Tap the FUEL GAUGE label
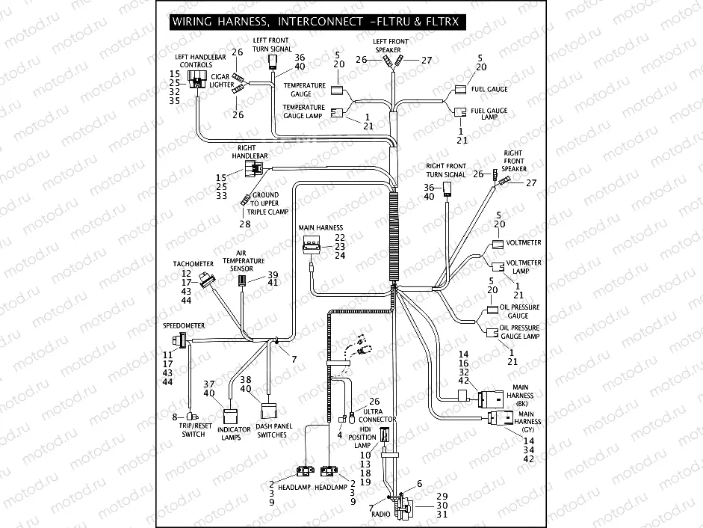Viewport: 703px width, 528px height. (489, 89)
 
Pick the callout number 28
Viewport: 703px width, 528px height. (245, 224)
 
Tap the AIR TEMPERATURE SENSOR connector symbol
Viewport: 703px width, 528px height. (242, 281)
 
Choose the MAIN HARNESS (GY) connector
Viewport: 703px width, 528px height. (498, 419)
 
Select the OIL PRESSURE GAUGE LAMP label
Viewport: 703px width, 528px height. (519, 332)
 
